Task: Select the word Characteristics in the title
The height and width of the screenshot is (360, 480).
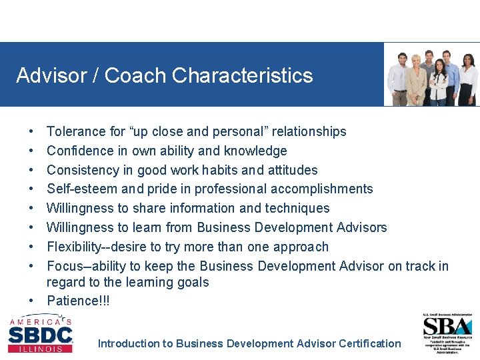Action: tap(242, 75)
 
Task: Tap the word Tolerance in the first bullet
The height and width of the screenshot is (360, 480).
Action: tap(77, 131)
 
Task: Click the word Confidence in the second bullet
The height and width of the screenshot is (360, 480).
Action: tap(81, 151)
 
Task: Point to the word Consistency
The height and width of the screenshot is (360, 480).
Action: tap(83, 170)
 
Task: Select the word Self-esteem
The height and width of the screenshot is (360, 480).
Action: tap(80, 189)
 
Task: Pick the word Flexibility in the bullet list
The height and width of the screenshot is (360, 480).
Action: tap(75, 247)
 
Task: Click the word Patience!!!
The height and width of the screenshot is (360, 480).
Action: tap(78, 301)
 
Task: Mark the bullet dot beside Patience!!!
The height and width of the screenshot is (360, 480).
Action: tap(32, 301)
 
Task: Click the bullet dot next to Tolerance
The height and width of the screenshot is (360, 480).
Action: tap(32, 132)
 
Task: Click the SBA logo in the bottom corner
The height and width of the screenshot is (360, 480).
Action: tap(447, 327)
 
